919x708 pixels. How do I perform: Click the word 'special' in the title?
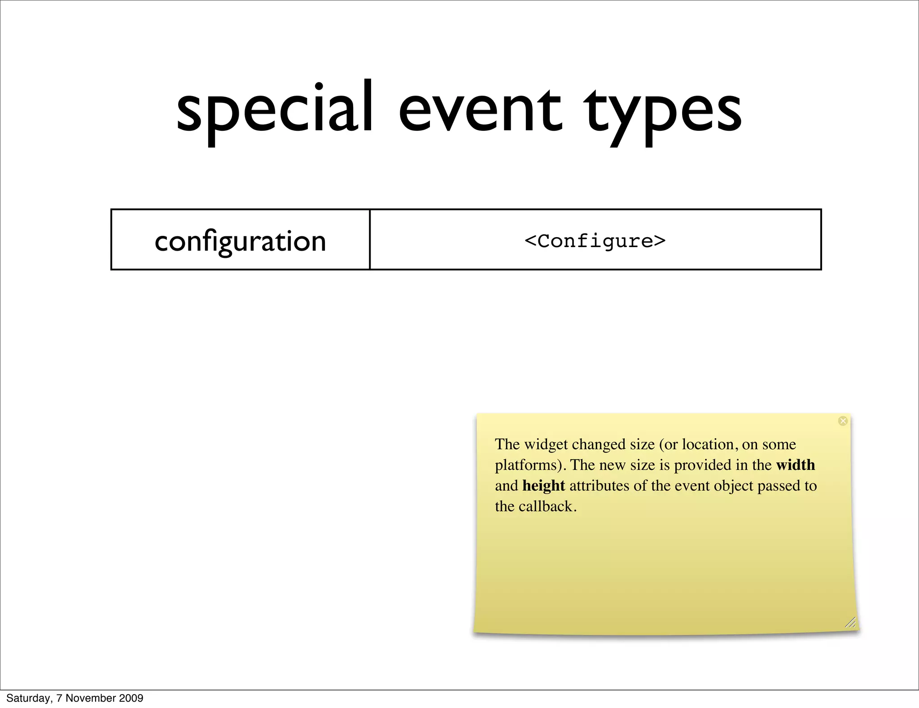click(x=275, y=110)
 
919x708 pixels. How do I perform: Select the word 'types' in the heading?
click(x=662, y=112)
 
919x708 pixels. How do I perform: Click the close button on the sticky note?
click(x=843, y=421)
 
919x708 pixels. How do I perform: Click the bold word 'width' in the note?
click(x=795, y=465)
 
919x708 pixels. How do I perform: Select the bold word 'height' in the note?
click(x=543, y=486)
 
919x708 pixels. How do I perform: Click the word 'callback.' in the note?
click(x=547, y=506)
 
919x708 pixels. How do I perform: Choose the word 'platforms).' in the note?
click(x=530, y=465)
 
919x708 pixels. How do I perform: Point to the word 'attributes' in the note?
click(x=599, y=486)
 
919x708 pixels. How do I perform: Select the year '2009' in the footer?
click(x=131, y=698)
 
